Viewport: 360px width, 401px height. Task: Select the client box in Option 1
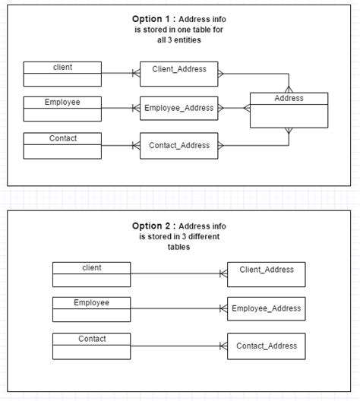(62, 74)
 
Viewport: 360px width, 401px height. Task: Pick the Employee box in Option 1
(62, 109)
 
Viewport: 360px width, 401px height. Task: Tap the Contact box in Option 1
(62, 145)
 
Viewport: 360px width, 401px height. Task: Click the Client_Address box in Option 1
(179, 74)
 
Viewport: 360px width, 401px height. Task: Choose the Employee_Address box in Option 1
(179, 109)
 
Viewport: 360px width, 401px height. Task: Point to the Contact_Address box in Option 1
(179, 145)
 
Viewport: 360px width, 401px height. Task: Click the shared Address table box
(289, 110)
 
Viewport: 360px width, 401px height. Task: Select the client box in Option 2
(91, 274)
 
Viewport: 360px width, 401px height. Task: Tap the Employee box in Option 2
(91, 309)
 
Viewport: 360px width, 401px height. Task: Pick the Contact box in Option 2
(91, 346)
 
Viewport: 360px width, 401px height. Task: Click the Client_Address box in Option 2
(266, 273)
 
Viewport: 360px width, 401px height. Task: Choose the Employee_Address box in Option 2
(266, 308)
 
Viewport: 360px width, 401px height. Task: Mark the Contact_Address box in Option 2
(266, 346)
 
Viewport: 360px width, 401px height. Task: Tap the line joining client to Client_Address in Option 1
(118, 74)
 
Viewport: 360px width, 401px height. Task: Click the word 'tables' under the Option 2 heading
(179, 247)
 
